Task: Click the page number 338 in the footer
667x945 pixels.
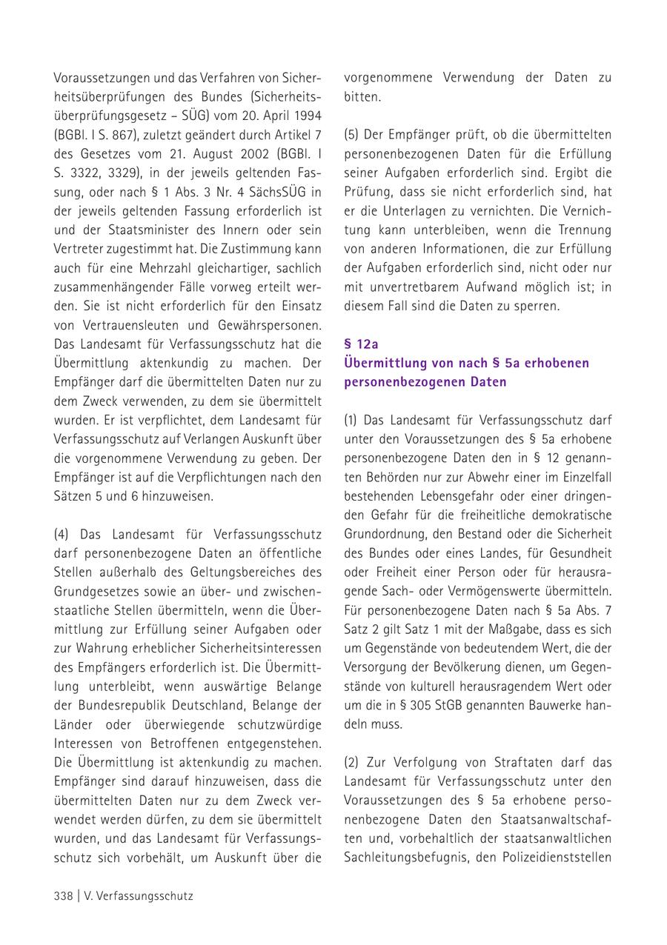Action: tap(63, 895)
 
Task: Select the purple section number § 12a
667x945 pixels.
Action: tap(362, 344)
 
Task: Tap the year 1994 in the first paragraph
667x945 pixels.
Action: tap(307, 116)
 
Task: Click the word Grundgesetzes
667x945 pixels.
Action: tap(96, 592)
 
